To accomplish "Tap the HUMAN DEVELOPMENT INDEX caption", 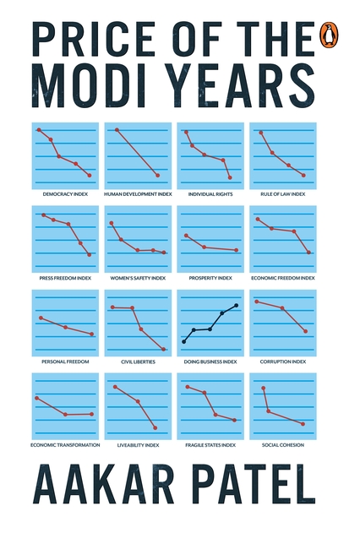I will click(x=138, y=193).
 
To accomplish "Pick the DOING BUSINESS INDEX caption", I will click(x=210, y=361).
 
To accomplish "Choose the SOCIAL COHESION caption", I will click(x=283, y=444).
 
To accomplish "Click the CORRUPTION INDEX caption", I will click(x=283, y=361).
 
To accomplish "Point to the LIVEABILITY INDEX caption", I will click(x=138, y=444).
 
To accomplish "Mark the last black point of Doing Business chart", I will click(x=236, y=305).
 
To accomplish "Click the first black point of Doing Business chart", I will click(x=184, y=341).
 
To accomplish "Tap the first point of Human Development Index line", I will click(x=117, y=129).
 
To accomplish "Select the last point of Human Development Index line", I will click(x=158, y=176).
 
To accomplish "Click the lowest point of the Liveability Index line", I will click(x=155, y=427).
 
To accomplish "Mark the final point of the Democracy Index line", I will click(x=90, y=176).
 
